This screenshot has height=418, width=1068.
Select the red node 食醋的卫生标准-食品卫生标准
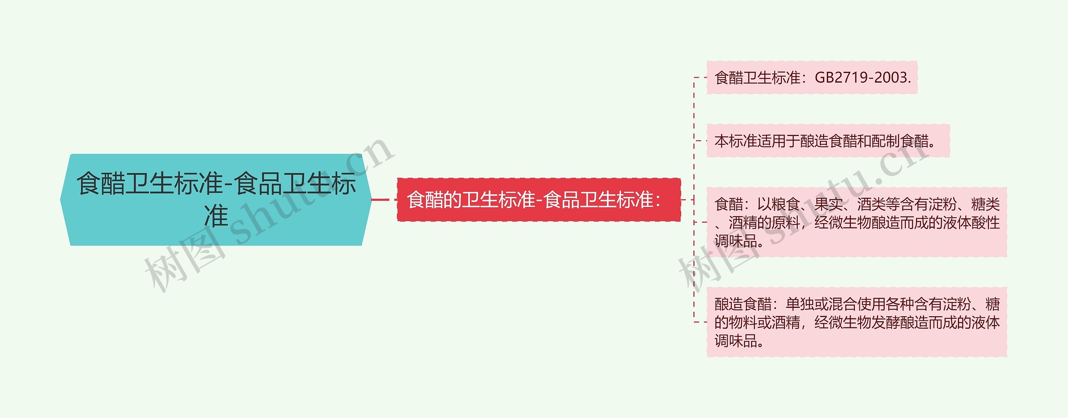tap(538, 200)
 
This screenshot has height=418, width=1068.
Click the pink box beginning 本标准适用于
tap(828, 141)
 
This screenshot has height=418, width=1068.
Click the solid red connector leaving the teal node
tap(380, 200)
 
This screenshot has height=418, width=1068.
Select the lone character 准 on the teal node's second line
tap(216, 216)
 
